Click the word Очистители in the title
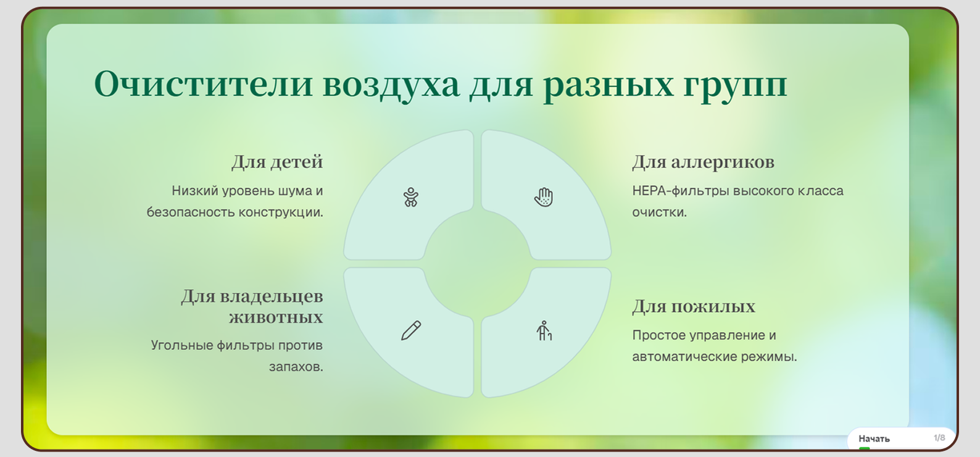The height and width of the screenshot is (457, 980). [x=204, y=84]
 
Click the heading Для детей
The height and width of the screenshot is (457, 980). [x=277, y=162]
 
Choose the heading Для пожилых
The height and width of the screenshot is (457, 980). [x=694, y=307]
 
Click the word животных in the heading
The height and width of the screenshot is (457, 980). [x=276, y=317]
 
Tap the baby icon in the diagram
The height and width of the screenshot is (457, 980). [x=411, y=198]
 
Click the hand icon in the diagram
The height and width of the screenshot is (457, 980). [x=543, y=198]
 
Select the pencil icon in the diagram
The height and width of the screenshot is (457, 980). [x=411, y=330]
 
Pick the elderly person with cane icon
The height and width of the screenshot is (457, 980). [x=544, y=330]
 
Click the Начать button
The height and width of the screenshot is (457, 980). [x=874, y=438]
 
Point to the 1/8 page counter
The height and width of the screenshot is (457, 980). [x=939, y=438]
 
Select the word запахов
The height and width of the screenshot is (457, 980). [x=296, y=367]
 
